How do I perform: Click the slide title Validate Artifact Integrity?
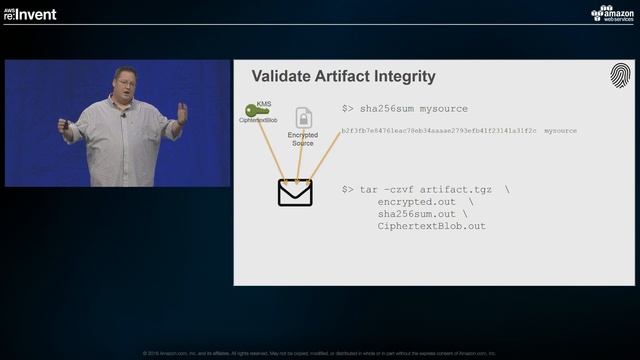pos(343,76)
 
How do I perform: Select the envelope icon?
pos(295,191)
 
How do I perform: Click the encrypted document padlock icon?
pos(302,119)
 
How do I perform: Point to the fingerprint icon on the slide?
pos(620,76)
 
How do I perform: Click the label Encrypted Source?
pos(302,139)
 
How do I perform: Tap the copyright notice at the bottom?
pos(319,353)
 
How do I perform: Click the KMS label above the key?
pos(264,102)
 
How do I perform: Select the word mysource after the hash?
pos(562,131)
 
